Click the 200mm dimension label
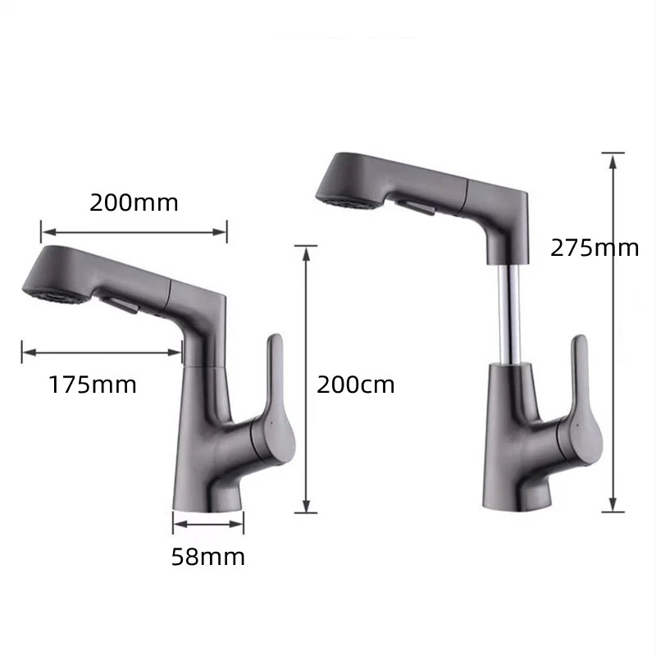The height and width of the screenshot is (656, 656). [x=134, y=203]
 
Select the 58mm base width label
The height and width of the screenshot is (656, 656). [x=207, y=557]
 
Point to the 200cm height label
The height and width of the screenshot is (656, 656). [x=355, y=384]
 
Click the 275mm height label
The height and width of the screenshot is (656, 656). [x=594, y=248]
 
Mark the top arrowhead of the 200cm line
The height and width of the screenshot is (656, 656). [x=305, y=252]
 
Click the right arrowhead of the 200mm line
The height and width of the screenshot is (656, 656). [x=221, y=232]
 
